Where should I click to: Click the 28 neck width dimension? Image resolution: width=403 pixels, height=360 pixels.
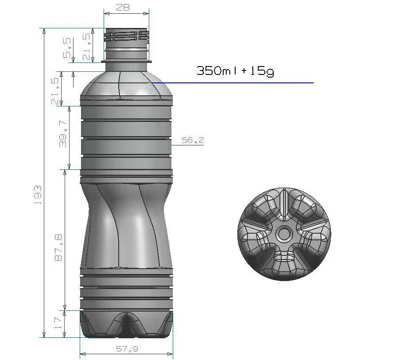[x=123, y=7]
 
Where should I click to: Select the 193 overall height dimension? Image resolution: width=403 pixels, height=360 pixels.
[x=38, y=195]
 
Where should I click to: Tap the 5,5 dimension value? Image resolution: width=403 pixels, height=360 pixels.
[x=67, y=47]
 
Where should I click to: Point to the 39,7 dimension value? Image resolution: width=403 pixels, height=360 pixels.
[x=63, y=133]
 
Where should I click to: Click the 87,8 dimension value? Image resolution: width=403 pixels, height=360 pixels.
[x=58, y=247]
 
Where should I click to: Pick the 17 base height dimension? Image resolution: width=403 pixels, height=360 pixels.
[x=58, y=324]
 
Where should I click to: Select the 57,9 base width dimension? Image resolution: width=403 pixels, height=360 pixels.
[x=127, y=349]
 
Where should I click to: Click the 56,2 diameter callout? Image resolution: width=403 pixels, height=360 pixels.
[x=193, y=140]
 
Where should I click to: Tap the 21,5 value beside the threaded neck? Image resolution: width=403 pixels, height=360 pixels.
[x=87, y=47]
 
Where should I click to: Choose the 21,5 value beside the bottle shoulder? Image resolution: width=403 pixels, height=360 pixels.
[x=55, y=91]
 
